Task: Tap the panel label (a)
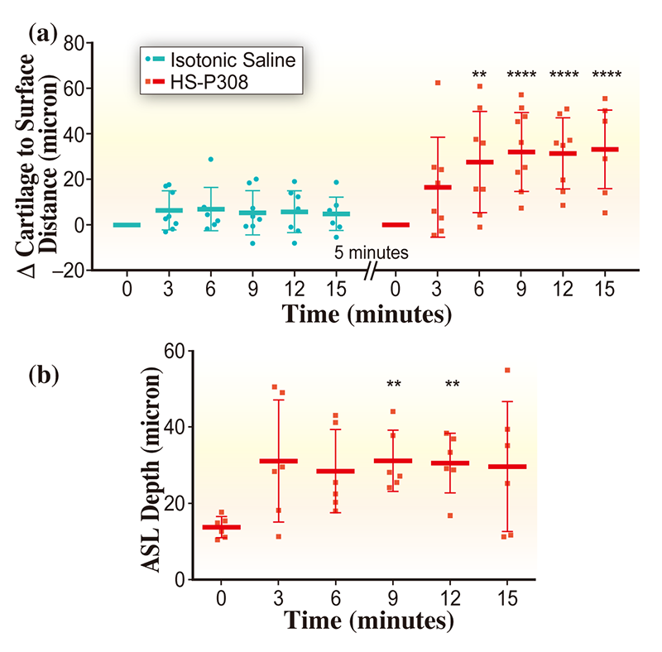(x=42, y=34)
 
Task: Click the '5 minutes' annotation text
(x=371, y=252)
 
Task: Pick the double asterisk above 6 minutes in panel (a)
(x=478, y=75)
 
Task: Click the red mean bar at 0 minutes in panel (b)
(x=221, y=527)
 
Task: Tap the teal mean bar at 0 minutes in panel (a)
(x=127, y=224)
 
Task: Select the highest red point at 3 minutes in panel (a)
(x=438, y=83)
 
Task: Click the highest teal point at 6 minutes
(x=211, y=159)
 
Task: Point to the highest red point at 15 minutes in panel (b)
(x=507, y=370)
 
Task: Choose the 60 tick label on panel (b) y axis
(x=172, y=351)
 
